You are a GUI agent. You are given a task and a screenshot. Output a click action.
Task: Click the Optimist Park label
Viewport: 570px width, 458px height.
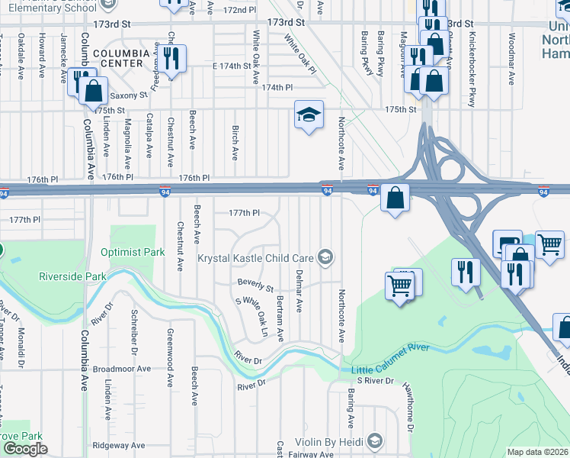[x=133, y=251]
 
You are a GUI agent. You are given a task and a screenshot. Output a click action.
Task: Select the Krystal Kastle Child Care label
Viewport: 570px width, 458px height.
[x=256, y=258]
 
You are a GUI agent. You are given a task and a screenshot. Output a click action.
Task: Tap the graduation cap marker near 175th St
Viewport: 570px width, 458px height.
[x=309, y=114]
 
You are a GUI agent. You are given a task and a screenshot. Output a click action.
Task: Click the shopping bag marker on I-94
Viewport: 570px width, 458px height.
[x=395, y=198]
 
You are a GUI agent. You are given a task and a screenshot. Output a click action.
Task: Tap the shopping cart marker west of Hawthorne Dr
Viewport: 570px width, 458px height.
[x=401, y=286]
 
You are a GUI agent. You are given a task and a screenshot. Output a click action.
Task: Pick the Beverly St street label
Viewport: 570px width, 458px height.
[x=255, y=286]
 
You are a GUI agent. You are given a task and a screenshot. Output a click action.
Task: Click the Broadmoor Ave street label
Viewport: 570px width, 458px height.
[x=122, y=368]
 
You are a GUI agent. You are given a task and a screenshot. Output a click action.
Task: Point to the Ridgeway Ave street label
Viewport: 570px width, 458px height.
[x=118, y=445]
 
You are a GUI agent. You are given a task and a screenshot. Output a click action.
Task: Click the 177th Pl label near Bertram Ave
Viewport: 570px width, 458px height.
[x=245, y=213]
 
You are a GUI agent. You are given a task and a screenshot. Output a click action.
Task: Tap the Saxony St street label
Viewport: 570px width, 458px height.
[x=128, y=95]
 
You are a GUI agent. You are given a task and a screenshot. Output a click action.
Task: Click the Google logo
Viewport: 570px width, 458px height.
[x=25, y=449]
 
